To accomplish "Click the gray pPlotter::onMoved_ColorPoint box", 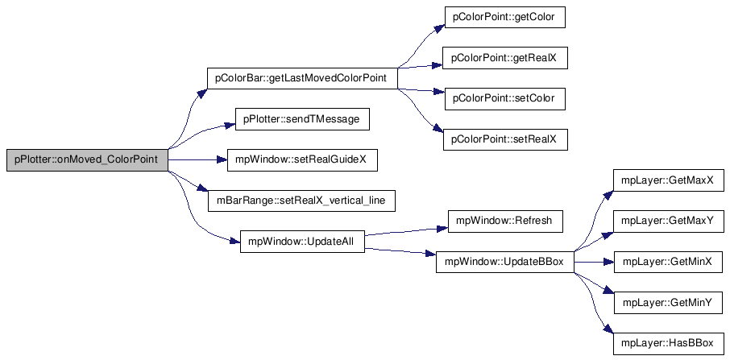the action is (x=87, y=160).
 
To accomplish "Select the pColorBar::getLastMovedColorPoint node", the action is (x=303, y=78).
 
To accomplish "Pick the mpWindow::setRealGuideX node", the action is (x=302, y=160).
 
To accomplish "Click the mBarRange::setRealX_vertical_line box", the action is (x=301, y=201).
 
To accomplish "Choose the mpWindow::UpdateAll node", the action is (x=302, y=242).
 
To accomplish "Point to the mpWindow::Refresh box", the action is (x=505, y=221).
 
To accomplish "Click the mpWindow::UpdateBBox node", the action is (x=504, y=262).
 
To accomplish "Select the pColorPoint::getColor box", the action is (x=505, y=17).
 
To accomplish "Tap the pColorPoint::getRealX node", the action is (x=505, y=58).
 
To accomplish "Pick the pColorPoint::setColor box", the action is (x=505, y=98).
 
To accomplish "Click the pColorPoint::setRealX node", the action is (x=505, y=139).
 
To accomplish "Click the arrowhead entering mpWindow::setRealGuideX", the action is (x=222, y=160).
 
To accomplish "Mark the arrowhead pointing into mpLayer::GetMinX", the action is (x=609, y=262).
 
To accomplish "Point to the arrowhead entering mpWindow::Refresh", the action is (x=442, y=228).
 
